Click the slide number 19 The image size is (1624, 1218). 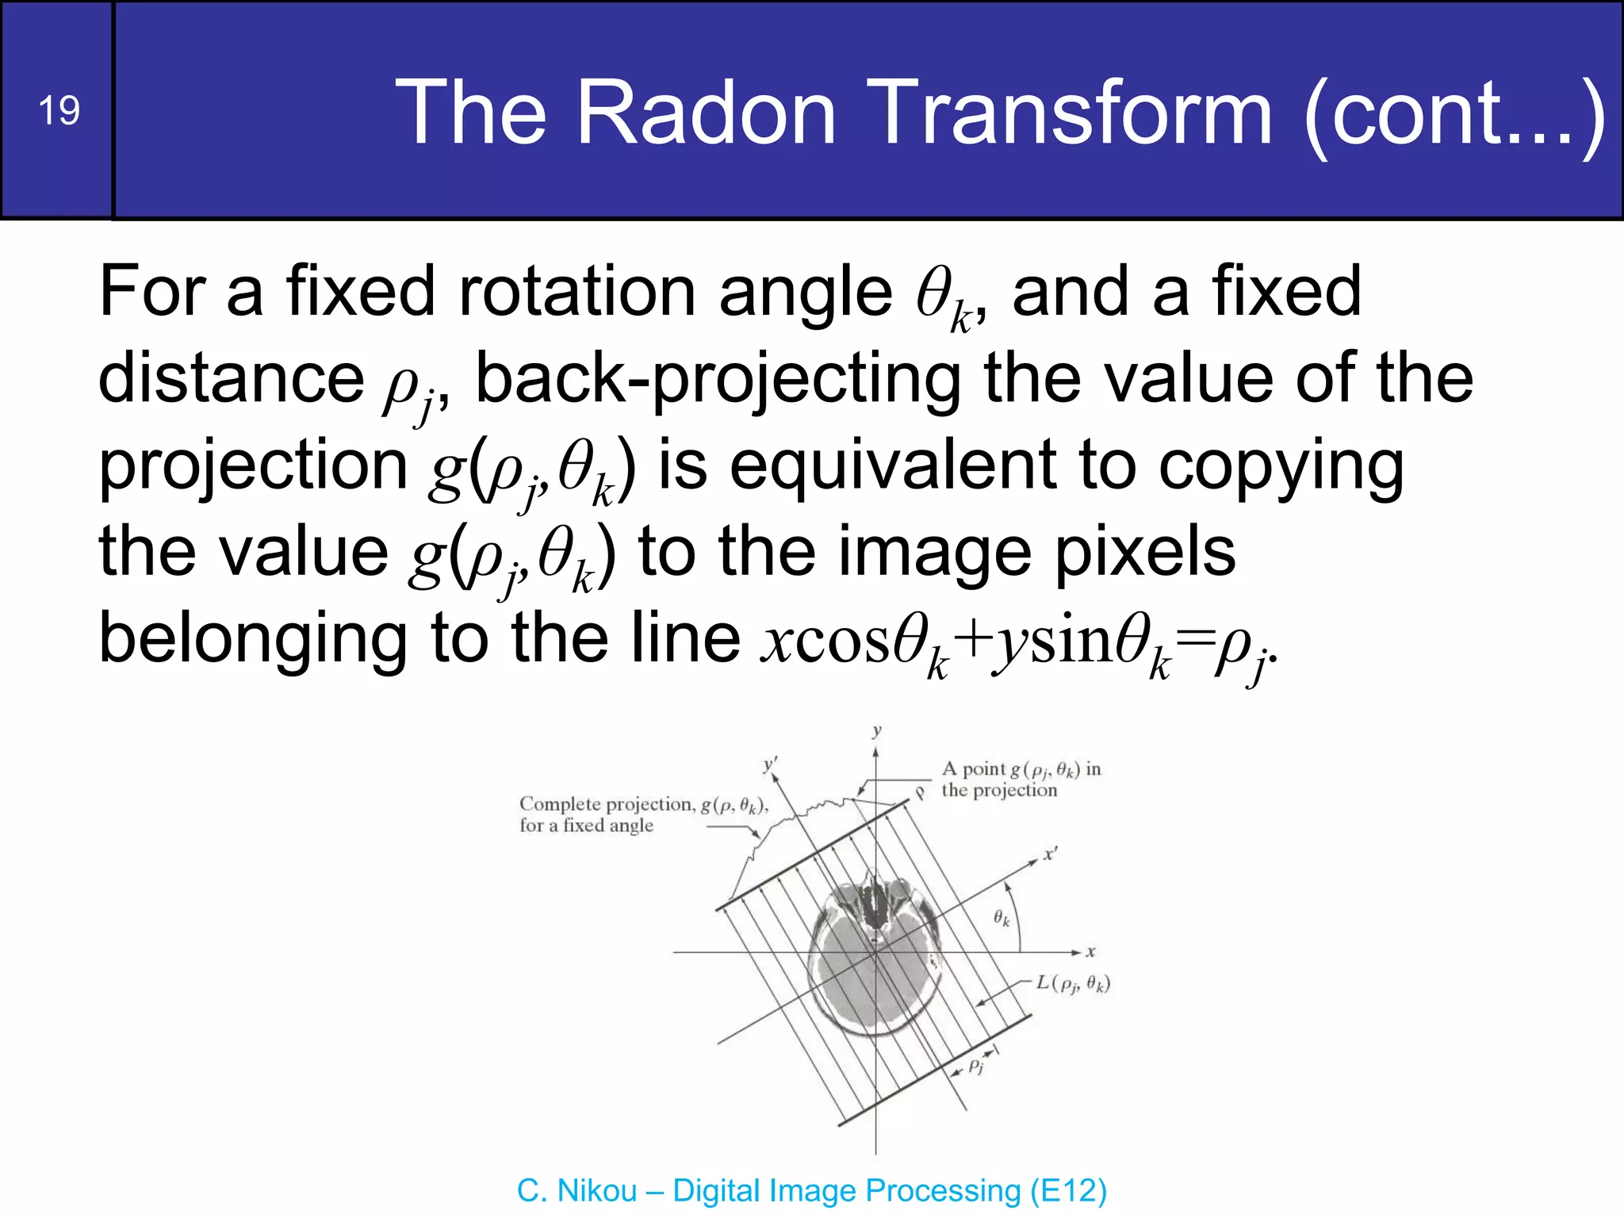(x=59, y=110)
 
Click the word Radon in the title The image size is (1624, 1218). (x=706, y=113)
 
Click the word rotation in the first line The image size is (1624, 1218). (x=576, y=292)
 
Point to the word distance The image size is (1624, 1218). (x=231, y=378)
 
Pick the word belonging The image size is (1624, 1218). (x=252, y=640)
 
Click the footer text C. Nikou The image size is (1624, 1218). (x=576, y=1191)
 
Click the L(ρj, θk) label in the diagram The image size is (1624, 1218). (x=1073, y=984)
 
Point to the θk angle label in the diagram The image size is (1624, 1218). (x=1002, y=918)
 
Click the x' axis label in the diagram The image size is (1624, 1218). (x=1050, y=854)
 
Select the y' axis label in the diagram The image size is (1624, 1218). (x=769, y=764)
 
